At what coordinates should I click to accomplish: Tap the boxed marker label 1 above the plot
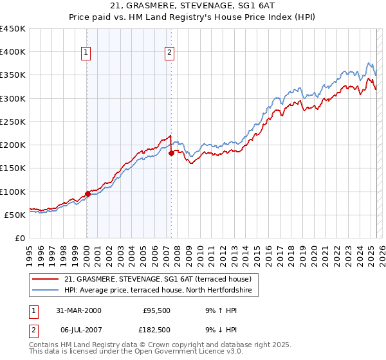tap(86, 53)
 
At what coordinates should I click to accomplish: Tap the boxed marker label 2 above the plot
tap(169, 53)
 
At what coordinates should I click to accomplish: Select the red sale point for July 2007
tap(171, 153)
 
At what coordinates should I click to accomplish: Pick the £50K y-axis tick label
tap(15, 215)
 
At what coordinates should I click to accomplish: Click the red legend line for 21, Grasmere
tap(46, 279)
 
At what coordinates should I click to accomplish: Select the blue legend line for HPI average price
tap(46, 291)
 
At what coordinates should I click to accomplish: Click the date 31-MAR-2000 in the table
tap(78, 310)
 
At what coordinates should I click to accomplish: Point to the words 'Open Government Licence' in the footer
tap(167, 352)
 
